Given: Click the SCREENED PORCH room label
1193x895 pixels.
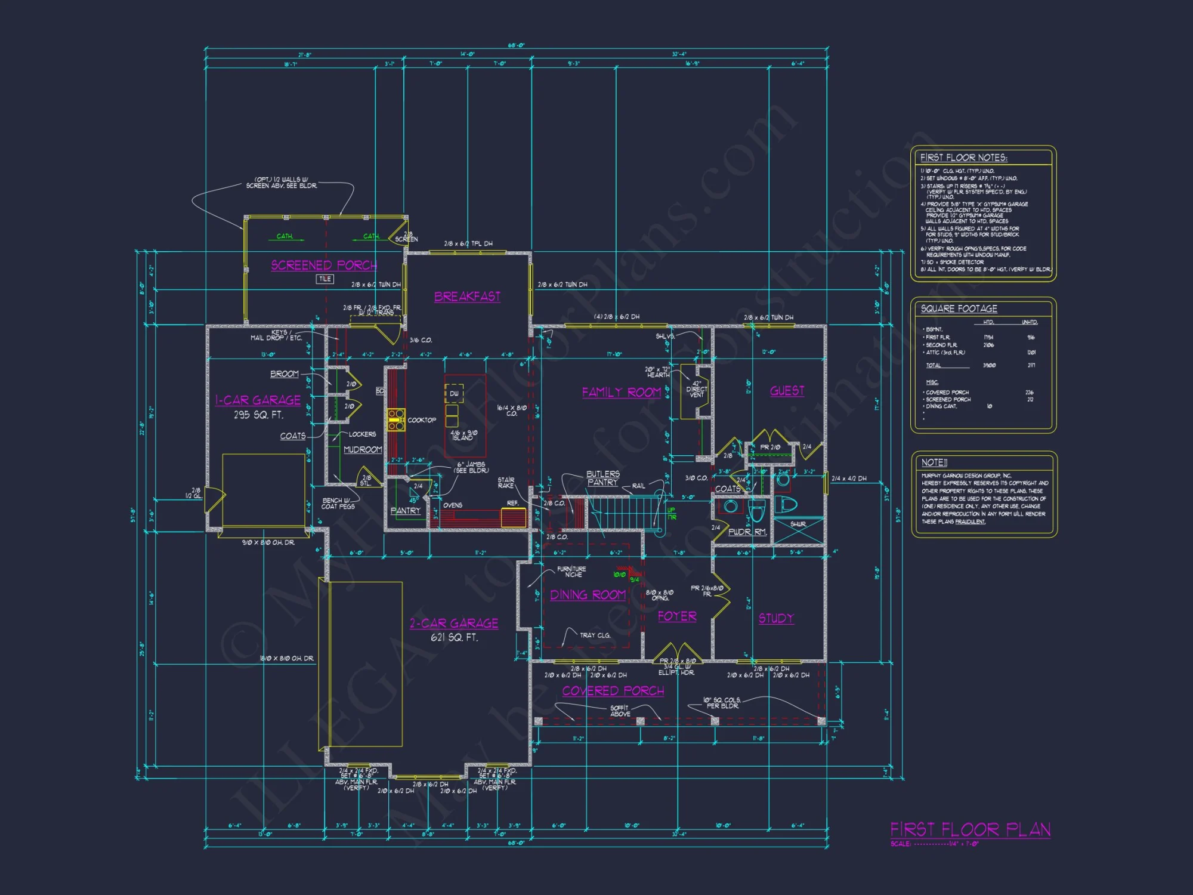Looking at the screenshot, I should pos(324,265).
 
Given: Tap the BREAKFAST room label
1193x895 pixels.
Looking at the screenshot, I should pos(467,297).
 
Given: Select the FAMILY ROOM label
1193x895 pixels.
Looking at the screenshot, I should pos(621,392).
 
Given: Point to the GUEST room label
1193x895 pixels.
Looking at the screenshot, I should pos(787,391).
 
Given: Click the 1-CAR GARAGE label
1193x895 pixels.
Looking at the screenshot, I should pos(258,400).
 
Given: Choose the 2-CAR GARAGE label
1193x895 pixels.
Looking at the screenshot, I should pos(453,624).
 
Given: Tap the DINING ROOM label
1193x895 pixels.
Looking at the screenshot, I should pos(588,595).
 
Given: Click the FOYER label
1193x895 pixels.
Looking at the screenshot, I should pos(677,616).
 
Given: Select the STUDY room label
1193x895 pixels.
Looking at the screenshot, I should pos(776,618).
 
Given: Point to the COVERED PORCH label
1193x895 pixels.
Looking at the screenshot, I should pos(613,691).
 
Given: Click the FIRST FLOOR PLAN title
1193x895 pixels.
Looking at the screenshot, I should pos(971,829).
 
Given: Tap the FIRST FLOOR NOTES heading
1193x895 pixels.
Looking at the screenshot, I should pos(963,158).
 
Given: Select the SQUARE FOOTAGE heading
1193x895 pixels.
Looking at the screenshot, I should pos(959,308).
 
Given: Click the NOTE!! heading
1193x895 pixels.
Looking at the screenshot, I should pos(934,462).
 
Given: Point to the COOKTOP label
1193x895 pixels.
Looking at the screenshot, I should pos(422,420).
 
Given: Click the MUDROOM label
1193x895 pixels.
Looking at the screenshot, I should pos(363,449).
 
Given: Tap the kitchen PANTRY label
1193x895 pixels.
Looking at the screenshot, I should pos(406,511).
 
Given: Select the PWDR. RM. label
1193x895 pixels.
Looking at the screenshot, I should pos(747,532).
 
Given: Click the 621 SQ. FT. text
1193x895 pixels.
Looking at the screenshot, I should pos(454,637).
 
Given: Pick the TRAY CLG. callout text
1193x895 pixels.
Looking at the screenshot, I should pos(595,635).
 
